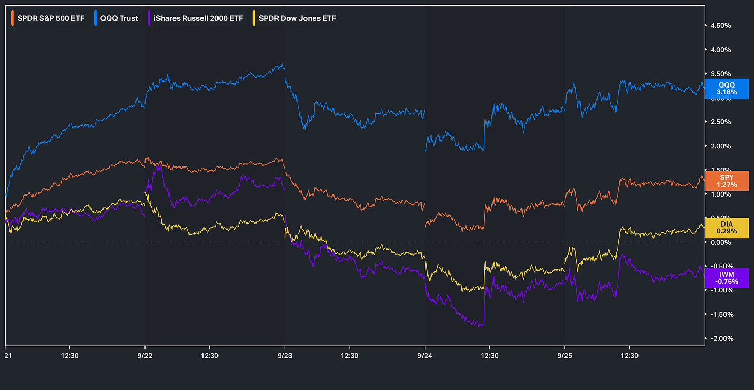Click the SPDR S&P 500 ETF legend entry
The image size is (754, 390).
tap(48, 18)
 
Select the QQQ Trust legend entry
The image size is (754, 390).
tap(117, 18)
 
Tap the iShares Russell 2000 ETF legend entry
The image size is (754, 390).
tap(195, 18)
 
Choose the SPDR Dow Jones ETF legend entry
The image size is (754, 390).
tap(295, 18)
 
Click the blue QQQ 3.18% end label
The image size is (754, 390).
tap(727, 89)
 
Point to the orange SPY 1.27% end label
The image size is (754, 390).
tap(727, 181)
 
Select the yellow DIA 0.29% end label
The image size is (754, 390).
tap(727, 228)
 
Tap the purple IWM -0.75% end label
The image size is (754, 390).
tap(727, 278)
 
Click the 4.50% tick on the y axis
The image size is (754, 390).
tap(721, 26)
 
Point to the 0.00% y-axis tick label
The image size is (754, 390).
tap(721, 242)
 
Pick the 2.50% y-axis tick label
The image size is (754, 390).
tap(721, 122)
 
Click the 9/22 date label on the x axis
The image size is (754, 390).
tap(145, 356)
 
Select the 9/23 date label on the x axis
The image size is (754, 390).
tap(285, 356)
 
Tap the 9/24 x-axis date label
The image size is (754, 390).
tap(425, 356)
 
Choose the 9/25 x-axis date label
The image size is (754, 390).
tap(565, 356)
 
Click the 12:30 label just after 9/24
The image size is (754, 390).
tap(489, 356)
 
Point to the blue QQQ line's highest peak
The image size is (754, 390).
tap(282, 64)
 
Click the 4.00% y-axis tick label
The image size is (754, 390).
tap(721, 50)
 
